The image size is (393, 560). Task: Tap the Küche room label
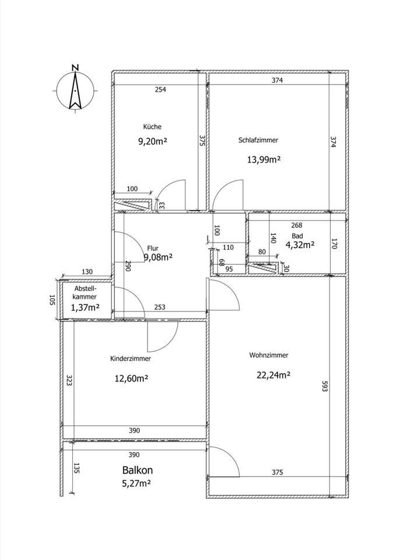point(152,127)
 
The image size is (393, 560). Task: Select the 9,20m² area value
point(153,141)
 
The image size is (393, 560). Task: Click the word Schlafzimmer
point(258,141)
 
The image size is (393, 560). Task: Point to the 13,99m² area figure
point(264,160)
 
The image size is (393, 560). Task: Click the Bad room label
point(297,236)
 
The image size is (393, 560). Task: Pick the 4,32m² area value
point(300,245)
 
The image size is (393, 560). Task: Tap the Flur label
point(153,249)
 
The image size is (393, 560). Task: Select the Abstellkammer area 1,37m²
point(85,307)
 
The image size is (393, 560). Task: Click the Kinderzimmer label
point(130,359)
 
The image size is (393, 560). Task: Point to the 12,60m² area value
point(131,379)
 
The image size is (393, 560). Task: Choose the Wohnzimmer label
point(269,355)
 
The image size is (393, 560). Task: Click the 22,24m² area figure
point(273,375)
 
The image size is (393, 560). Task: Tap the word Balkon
point(138,470)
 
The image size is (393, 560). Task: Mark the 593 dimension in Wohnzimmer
point(324,386)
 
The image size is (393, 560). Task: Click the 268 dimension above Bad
point(297,225)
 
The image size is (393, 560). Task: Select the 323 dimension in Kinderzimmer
point(69,380)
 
